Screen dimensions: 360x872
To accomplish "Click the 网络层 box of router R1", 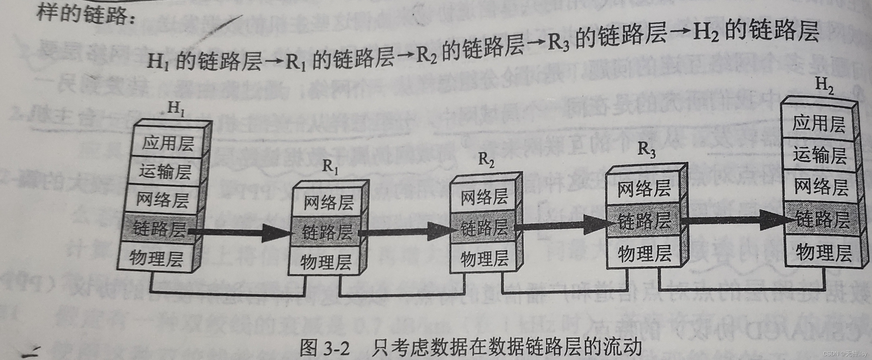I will pos(328,202).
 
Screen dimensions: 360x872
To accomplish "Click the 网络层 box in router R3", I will pos(644,188).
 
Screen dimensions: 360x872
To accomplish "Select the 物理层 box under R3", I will pos(644,254).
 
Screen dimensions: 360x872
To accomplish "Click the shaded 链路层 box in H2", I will pos(822,219).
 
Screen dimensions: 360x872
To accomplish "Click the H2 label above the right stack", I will pos(824,84).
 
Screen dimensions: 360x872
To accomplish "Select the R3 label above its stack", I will pos(646,149).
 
